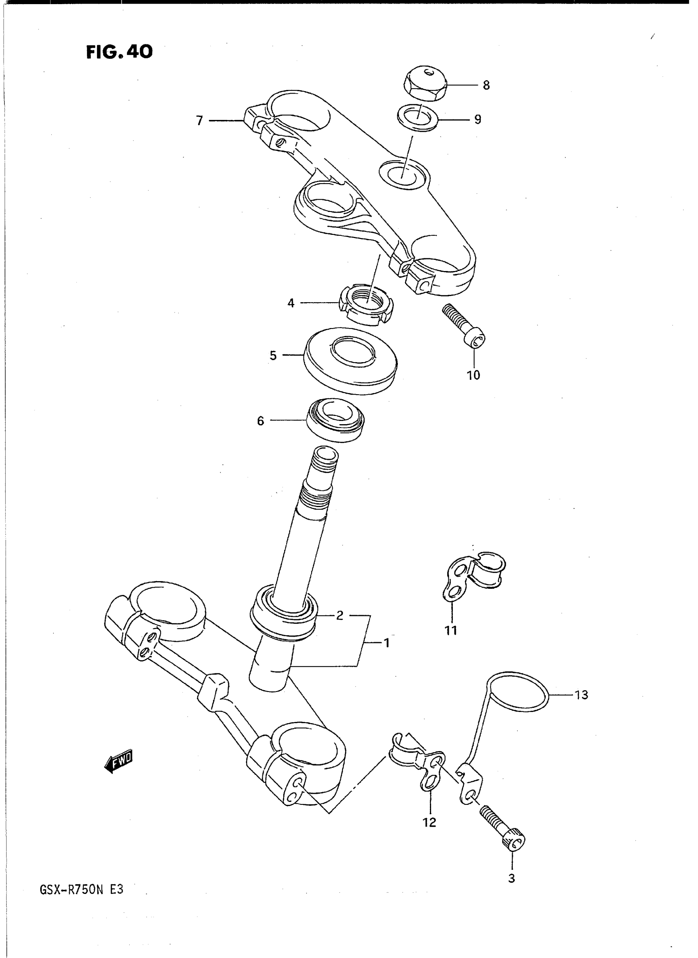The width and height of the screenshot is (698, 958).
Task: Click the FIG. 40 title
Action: (119, 52)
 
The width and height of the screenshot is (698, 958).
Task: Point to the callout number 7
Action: (200, 121)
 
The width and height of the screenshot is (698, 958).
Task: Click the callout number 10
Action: (473, 375)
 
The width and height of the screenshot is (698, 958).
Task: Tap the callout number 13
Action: (581, 695)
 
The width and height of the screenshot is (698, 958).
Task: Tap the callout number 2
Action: (340, 615)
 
